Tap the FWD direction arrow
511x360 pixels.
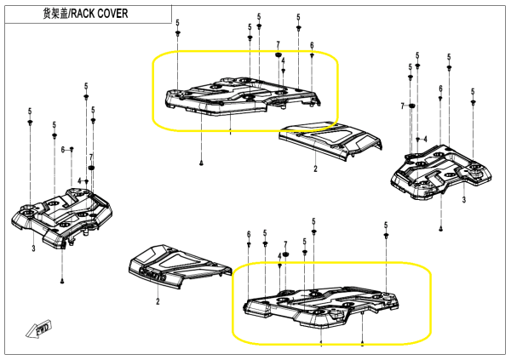42,328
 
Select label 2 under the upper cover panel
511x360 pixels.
315,169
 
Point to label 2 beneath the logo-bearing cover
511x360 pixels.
158,301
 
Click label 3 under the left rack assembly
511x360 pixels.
32,249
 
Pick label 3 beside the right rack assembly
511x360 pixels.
464,199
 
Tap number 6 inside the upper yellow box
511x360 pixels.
312,45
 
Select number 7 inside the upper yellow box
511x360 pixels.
278,44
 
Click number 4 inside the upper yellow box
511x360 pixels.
282,61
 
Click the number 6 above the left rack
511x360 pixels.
63,150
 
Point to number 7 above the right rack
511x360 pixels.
402,106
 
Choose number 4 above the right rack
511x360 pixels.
424,137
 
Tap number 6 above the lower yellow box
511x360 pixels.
248,234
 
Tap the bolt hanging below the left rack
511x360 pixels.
64,280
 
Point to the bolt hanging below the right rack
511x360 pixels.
442,227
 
